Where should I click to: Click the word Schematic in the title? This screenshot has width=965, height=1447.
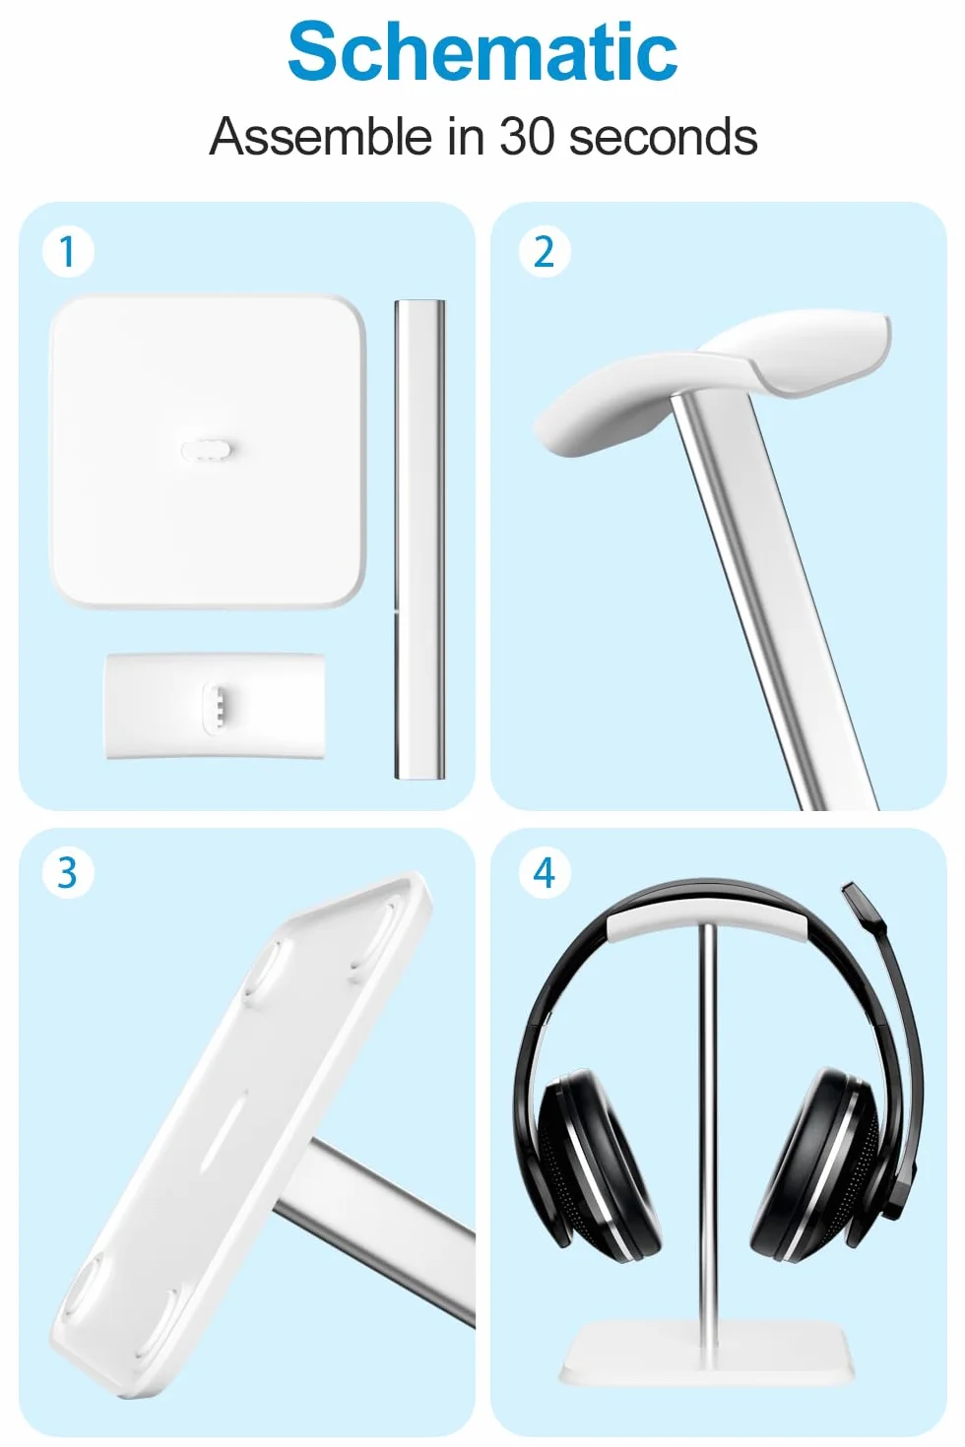tap(482, 51)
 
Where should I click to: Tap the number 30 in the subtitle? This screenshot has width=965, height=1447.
tap(527, 136)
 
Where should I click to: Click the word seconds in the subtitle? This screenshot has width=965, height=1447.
tap(663, 136)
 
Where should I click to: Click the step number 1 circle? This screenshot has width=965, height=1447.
tap(68, 252)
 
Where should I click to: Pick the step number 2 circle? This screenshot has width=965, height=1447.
tap(545, 252)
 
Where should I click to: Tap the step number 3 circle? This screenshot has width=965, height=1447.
tap(68, 873)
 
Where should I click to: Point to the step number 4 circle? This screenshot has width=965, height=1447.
tap(545, 873)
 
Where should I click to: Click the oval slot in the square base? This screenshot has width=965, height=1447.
tap(206, 450)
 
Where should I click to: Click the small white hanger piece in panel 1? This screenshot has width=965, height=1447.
tap(216, 706)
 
